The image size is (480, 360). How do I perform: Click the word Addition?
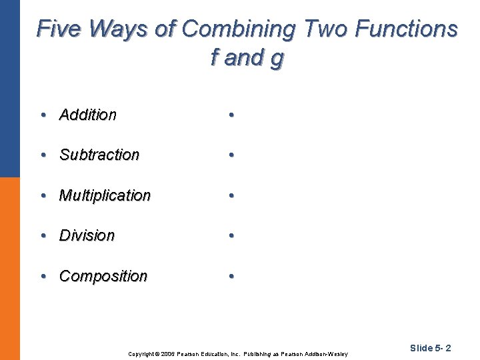click(x=87, y=115)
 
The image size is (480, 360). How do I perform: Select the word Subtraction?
click(x=99, y=155)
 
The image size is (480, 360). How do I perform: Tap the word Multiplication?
click(x=105, y=195)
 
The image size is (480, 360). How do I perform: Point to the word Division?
click(x=87, y=235)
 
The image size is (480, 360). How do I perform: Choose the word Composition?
click(x=103, y=276)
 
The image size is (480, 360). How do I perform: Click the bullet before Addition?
click(x=43, y=115)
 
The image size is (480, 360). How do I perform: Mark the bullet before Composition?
click(x=43, y=276)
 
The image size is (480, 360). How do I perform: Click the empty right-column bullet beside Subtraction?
click(x=230, y=155)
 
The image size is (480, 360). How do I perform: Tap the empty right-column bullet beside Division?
click(x=230, y=235)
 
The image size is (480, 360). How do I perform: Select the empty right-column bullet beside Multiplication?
click(x=230, y=195)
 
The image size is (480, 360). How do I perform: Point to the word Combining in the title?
click(x=238, y=29)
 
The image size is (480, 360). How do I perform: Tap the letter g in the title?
click(x=277, y=59)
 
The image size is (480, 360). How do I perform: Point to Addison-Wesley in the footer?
click(x=327, y=353)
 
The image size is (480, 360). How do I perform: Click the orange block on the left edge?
click(x=9, y=267)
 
